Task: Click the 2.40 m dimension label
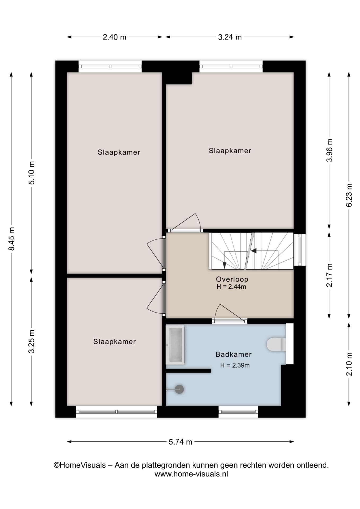pyautogui.click(x=115, y=37)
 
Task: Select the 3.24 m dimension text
pyautogui.click(x=230, y=37)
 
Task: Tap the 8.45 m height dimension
pyautogui.click(x=12, y=239)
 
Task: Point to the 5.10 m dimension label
pyautogui.click(x=32, y=173)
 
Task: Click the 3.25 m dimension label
pyautogui.click(x=32, y=341)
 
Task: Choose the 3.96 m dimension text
pyautogui.click(x=329, y=150)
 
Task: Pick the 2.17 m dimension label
pyautogui.click(x=329, y=275)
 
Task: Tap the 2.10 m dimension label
pyautogui.click(x=349, y=364)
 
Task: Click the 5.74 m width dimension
pyautogui.click(x=180, y=442)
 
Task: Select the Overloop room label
pyautogui.click(x=232, y=279)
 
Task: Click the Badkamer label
pyautogui.click(x=233, y=354)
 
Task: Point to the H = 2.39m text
pyautogui.click(x=235, y=365)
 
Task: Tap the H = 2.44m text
pyautogui.click(x=231, y=287)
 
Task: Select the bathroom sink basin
pyautogui.click(x=175, y=345)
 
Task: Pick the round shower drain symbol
pyautogui.click(x=179, y=389)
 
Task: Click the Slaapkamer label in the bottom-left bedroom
pyautogui.click(x=115, y=341)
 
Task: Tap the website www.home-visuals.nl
pyautogui.click(x=191, y=474)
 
